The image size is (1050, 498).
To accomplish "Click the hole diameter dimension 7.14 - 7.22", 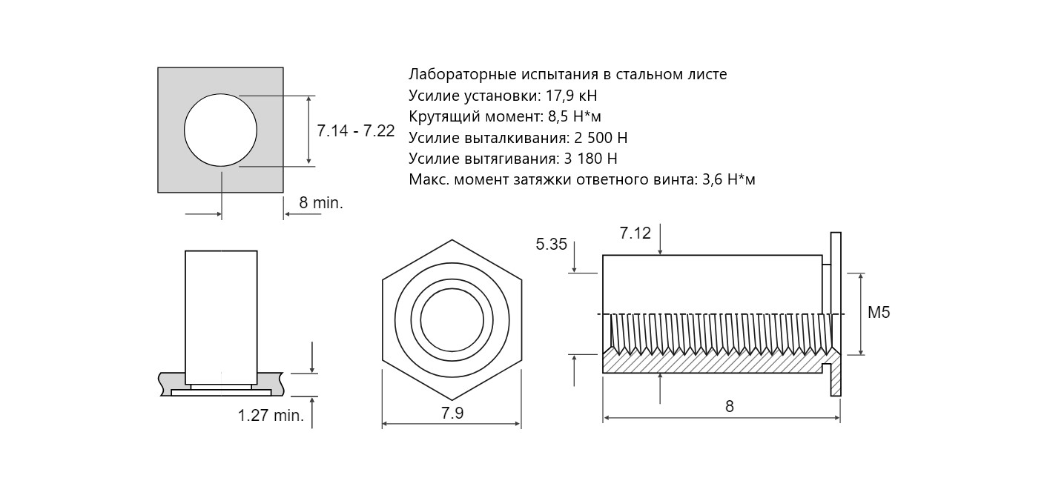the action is coord(355,130).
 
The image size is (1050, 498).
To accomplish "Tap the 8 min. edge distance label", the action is coord(321,203).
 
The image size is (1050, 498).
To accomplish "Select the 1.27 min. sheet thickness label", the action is coord(271,416).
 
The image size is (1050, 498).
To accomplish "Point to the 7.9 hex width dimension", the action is coord(452,414).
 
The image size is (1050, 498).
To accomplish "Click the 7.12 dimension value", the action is coord(635,233).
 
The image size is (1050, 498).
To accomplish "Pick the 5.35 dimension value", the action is coord(551,245).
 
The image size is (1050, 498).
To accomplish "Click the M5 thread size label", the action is coord(879,313).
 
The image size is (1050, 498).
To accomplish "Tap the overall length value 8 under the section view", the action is coord(730,406).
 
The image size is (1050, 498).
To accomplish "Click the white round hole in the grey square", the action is coord(220,130).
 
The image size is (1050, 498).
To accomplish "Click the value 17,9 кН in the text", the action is coord(572,96).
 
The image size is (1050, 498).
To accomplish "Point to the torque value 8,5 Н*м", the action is coord(574,116).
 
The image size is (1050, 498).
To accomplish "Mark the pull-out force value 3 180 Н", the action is coord(590,159).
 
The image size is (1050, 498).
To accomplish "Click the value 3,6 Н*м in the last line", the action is coord(728,179).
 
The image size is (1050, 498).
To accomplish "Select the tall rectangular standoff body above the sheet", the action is coord(221,317).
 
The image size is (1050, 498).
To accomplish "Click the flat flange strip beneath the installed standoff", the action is coord(221,393).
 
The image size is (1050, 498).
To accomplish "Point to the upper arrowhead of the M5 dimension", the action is coord(861,277).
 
